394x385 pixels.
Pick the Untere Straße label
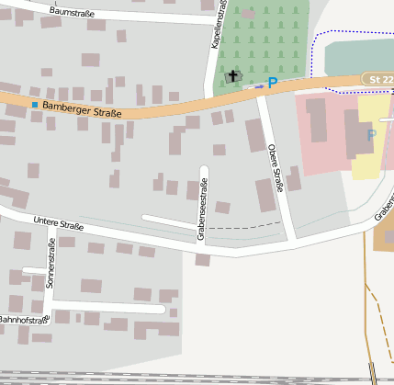click(58, 223)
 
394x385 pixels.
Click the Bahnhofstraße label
click(23, 320)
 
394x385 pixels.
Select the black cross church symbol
click(232, 77)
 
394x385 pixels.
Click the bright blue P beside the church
click(272, 83)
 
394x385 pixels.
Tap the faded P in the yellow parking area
click(371, 136)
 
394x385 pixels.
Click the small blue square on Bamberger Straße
click(35, 105)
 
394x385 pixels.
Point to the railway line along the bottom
click(184, 377)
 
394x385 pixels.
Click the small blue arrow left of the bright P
click(257, 85)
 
